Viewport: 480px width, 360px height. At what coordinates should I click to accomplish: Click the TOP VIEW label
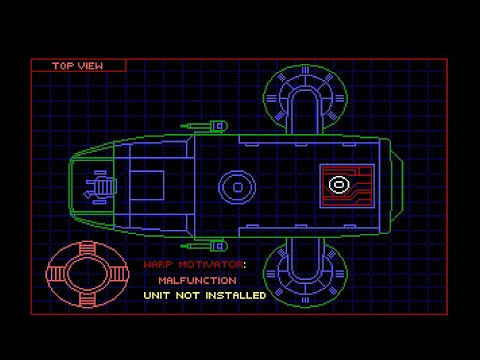click(x=78, y=66)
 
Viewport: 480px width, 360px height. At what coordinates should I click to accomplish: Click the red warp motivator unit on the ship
click(x=346, y=185)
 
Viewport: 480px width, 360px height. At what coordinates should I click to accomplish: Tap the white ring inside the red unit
click(x=338, y=184)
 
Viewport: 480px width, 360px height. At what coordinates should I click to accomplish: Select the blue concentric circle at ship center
click(x=237, y=186)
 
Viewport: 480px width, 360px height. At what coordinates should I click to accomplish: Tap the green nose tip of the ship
click(x=73, y=185)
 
